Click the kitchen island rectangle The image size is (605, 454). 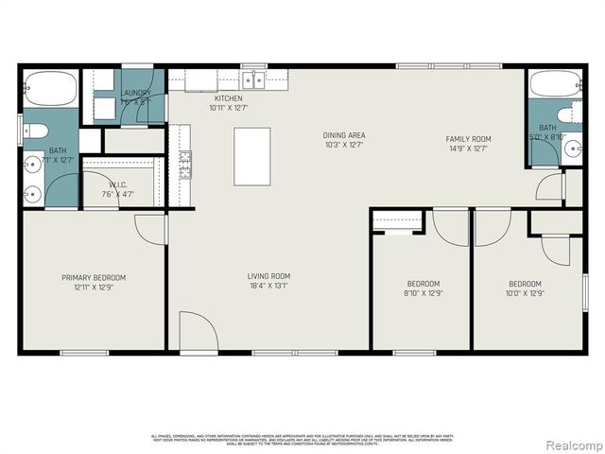point(252,156)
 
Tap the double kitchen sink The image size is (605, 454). point(251,80)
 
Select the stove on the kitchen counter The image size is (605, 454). point(185,165)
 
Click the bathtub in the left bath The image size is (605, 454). point(48,88)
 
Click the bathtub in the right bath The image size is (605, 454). point(554,84)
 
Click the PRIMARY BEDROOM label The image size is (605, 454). point(94,278)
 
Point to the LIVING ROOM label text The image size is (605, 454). point(268,275)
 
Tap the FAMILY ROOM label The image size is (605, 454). point(469,139)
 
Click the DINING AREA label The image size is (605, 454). point(344,135)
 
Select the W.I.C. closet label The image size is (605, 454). point(118,185)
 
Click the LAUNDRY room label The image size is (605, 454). point(136,93)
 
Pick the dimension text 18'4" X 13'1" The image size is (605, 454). point(268,286)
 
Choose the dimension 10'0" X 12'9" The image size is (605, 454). point(525,293)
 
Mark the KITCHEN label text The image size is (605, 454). point(229,98)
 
